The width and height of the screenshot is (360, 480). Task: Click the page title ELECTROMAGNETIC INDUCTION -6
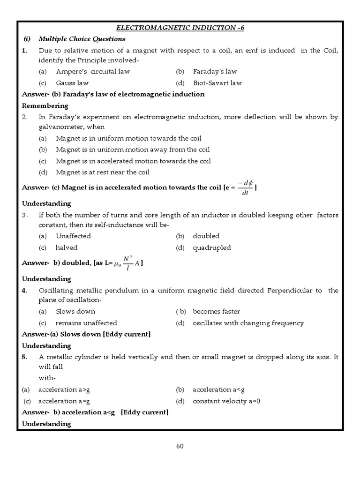tap(180, 28)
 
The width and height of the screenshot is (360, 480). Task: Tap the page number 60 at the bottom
tap(180, 446)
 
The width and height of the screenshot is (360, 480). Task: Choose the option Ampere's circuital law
tap(92, 72)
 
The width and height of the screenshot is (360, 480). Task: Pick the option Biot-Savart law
tap(217, 83)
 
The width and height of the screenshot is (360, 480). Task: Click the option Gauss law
tap(72, 83)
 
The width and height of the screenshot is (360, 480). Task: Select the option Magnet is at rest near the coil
tap(102, 172)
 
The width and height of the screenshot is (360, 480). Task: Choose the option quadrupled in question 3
tap(211, 247)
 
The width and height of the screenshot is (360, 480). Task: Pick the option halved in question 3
tap(67, 247)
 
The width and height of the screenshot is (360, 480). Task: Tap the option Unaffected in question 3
tap(73, 236)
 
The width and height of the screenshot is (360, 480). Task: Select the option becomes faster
tap(216, 312)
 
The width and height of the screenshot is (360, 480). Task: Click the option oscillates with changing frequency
tap(248, 323)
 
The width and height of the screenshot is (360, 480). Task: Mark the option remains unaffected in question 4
tap(86, 323)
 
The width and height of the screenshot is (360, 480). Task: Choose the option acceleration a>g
tap(64, 390)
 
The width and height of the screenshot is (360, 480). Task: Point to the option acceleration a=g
tap(64, 401)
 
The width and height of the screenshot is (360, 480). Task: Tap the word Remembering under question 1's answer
tap(45, 105)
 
